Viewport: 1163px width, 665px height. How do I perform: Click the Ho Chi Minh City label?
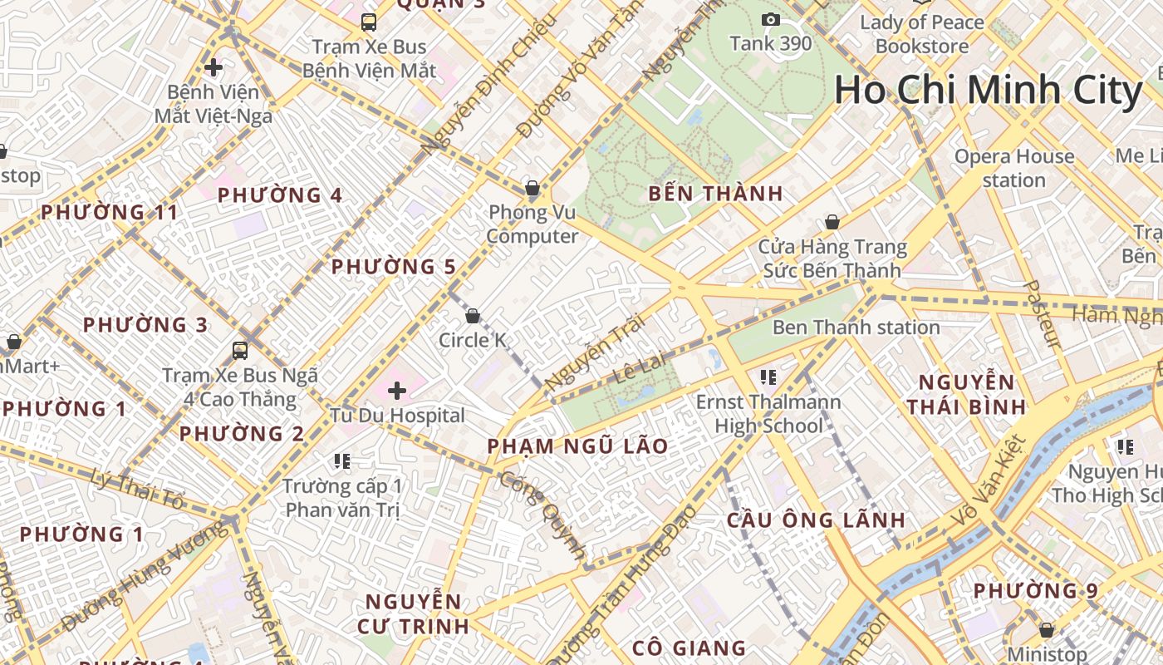pos(989,91)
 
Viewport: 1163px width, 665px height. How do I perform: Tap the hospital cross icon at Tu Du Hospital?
pos(397,390)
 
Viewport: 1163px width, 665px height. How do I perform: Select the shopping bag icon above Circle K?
pos(473,316)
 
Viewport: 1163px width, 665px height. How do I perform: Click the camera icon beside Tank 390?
pos(771,19)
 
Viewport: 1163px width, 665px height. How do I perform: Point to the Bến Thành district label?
pos(715,194)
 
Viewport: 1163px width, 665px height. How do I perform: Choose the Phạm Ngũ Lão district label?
pos(577,446)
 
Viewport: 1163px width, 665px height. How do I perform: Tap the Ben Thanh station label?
pos(856,328)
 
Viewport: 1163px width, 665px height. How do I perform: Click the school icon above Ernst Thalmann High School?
pos(768,377)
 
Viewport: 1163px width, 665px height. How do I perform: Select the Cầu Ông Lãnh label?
pos(816,520)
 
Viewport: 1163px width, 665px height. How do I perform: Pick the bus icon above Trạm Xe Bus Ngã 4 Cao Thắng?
pos(240,351)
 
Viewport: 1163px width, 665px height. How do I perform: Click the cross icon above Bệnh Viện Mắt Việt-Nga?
pos(213,67)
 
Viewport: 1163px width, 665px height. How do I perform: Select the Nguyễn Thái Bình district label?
pos(966,394)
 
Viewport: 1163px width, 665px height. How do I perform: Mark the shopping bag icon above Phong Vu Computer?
pos(532,188)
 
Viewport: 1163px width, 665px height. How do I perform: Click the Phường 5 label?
pos(394,267)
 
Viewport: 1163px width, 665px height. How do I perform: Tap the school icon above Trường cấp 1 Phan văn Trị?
pos(341,461)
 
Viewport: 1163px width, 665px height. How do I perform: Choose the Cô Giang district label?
pos(689,648)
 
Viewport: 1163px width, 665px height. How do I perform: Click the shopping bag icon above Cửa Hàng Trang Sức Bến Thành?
pos(832,222)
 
